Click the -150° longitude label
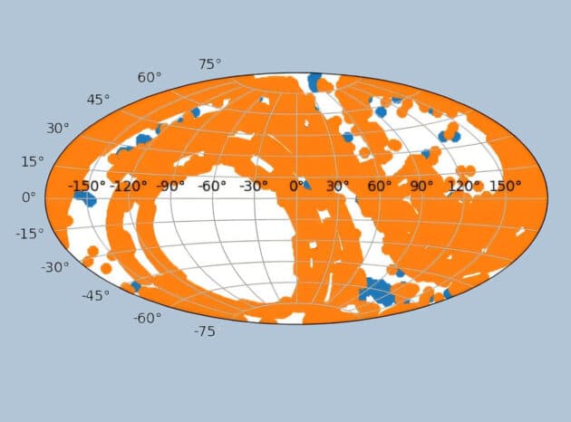pyautogui.click(x=88, y=186)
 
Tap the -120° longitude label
pyautogui.click(x=129, y=186)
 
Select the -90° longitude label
pyautogui.click(x=170, y=186)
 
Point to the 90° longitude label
pyautogui.click(x=421, y=186)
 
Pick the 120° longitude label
pyautogui.click(x=463, y=186)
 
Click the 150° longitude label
pyautogui.click(x=505, y=186)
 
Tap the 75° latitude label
pyautogui.click(x=210, y=63)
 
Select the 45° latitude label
pyautogui.click(x=98, y=100)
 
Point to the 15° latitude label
pyautogui.click(x=32, y=161)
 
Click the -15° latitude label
pyautogui.click(x=29, y=233)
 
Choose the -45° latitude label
pyautogui.click(x=95, y=295)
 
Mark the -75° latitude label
pyautogui.click(x=204, y=331)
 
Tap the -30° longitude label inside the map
pyautogui.click(x=254, y=186)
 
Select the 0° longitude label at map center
pyautogui.click(x=296, y=186)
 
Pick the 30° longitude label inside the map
pyautogui.click(x=337, y=186)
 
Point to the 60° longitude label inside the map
pyautogui.click(x=379, y=186)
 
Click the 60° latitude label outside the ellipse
pyautogui.click(x=150, y=77)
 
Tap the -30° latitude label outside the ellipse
pyautogui.click(x=54, y=267)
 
